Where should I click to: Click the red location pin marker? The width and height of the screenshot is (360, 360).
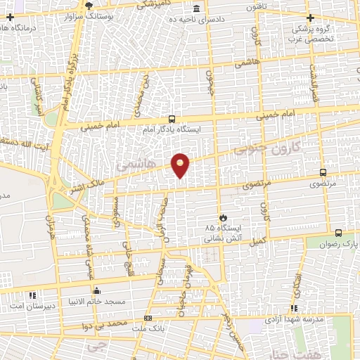[x=181, y=165]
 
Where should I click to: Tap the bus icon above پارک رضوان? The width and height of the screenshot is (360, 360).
[x=338, y=233]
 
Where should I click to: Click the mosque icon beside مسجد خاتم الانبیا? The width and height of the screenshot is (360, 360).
[x=96, y=290]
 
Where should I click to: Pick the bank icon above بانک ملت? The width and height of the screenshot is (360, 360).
[x=148, y=318]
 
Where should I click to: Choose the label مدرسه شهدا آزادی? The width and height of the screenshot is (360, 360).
[x=294, y=319]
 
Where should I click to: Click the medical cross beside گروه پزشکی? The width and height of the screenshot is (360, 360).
[x=310, y=17]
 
